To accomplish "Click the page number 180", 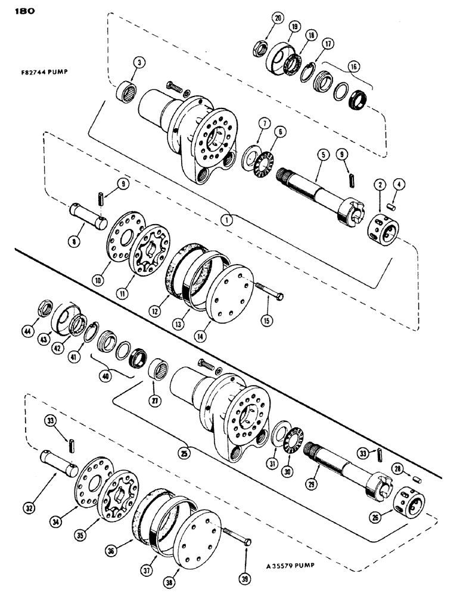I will coord(20,10).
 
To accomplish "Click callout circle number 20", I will coord(278,18).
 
